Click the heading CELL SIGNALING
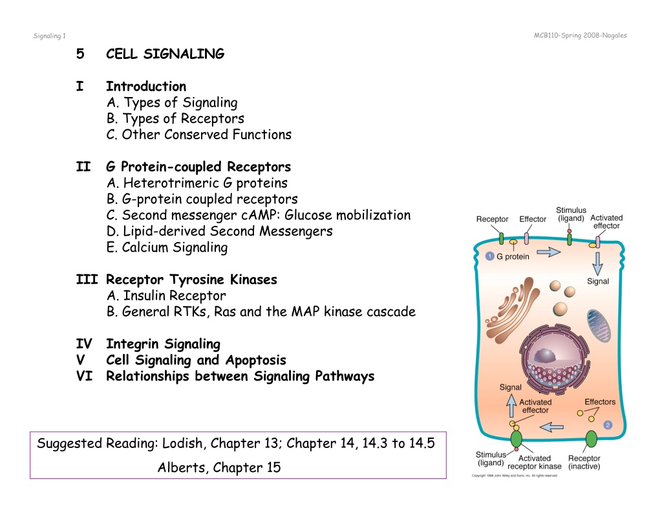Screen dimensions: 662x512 (165, 54)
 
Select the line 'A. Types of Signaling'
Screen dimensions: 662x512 (172, 102)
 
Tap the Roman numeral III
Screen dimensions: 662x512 (87, 280)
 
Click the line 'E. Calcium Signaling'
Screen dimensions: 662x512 (167, 247)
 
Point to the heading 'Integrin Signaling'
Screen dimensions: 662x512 (163, 344)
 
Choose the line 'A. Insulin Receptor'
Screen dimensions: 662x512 (166, 296)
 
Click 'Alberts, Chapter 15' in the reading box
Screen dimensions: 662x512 (219, 467)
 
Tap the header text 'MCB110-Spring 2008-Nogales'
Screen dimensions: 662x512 (580, 36)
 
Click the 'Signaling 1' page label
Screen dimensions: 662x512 (49, 36)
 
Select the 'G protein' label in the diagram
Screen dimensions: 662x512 (513, 256)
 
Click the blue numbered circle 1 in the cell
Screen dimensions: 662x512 (490, 256)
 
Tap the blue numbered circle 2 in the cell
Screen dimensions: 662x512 (608, 425)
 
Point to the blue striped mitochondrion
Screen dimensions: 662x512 (599, 325)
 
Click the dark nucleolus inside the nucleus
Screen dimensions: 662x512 (546, 357)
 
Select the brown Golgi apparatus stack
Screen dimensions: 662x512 (512, 309)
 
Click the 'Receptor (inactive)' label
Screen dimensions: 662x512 (584, 462)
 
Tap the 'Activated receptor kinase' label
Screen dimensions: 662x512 (535, 462)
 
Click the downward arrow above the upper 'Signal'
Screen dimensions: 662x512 (597, 264)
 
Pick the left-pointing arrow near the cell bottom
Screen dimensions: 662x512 (551, 427)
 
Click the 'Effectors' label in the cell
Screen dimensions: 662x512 (600, 402)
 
